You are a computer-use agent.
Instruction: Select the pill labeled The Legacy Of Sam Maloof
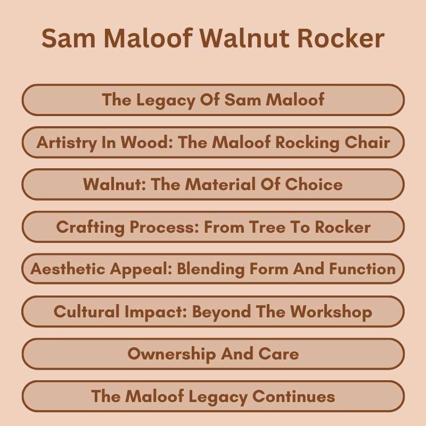point(213,100)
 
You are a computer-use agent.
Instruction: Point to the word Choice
point(314,184)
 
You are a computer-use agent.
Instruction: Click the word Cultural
point(86,312)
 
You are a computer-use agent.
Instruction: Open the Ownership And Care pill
point(213,354)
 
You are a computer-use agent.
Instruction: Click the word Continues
point(293,396)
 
